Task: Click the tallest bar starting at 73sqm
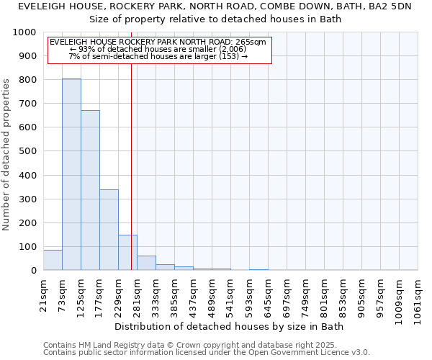(71, 174)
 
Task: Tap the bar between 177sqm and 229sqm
(109, 230)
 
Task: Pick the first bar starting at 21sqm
(53, 260)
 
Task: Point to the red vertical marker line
(131, 166)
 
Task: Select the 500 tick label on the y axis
(27, 151)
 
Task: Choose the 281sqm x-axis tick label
(138, 293)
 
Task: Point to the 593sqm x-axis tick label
(250, 293)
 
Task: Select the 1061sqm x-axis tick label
(418, 296)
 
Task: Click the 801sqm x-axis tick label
(325, 293)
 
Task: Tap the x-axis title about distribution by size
(230, 327)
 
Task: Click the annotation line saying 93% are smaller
(158, 50)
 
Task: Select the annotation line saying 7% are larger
(158, 57)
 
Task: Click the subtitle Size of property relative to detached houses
(215, 19)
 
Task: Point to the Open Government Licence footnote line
(207, 353)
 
